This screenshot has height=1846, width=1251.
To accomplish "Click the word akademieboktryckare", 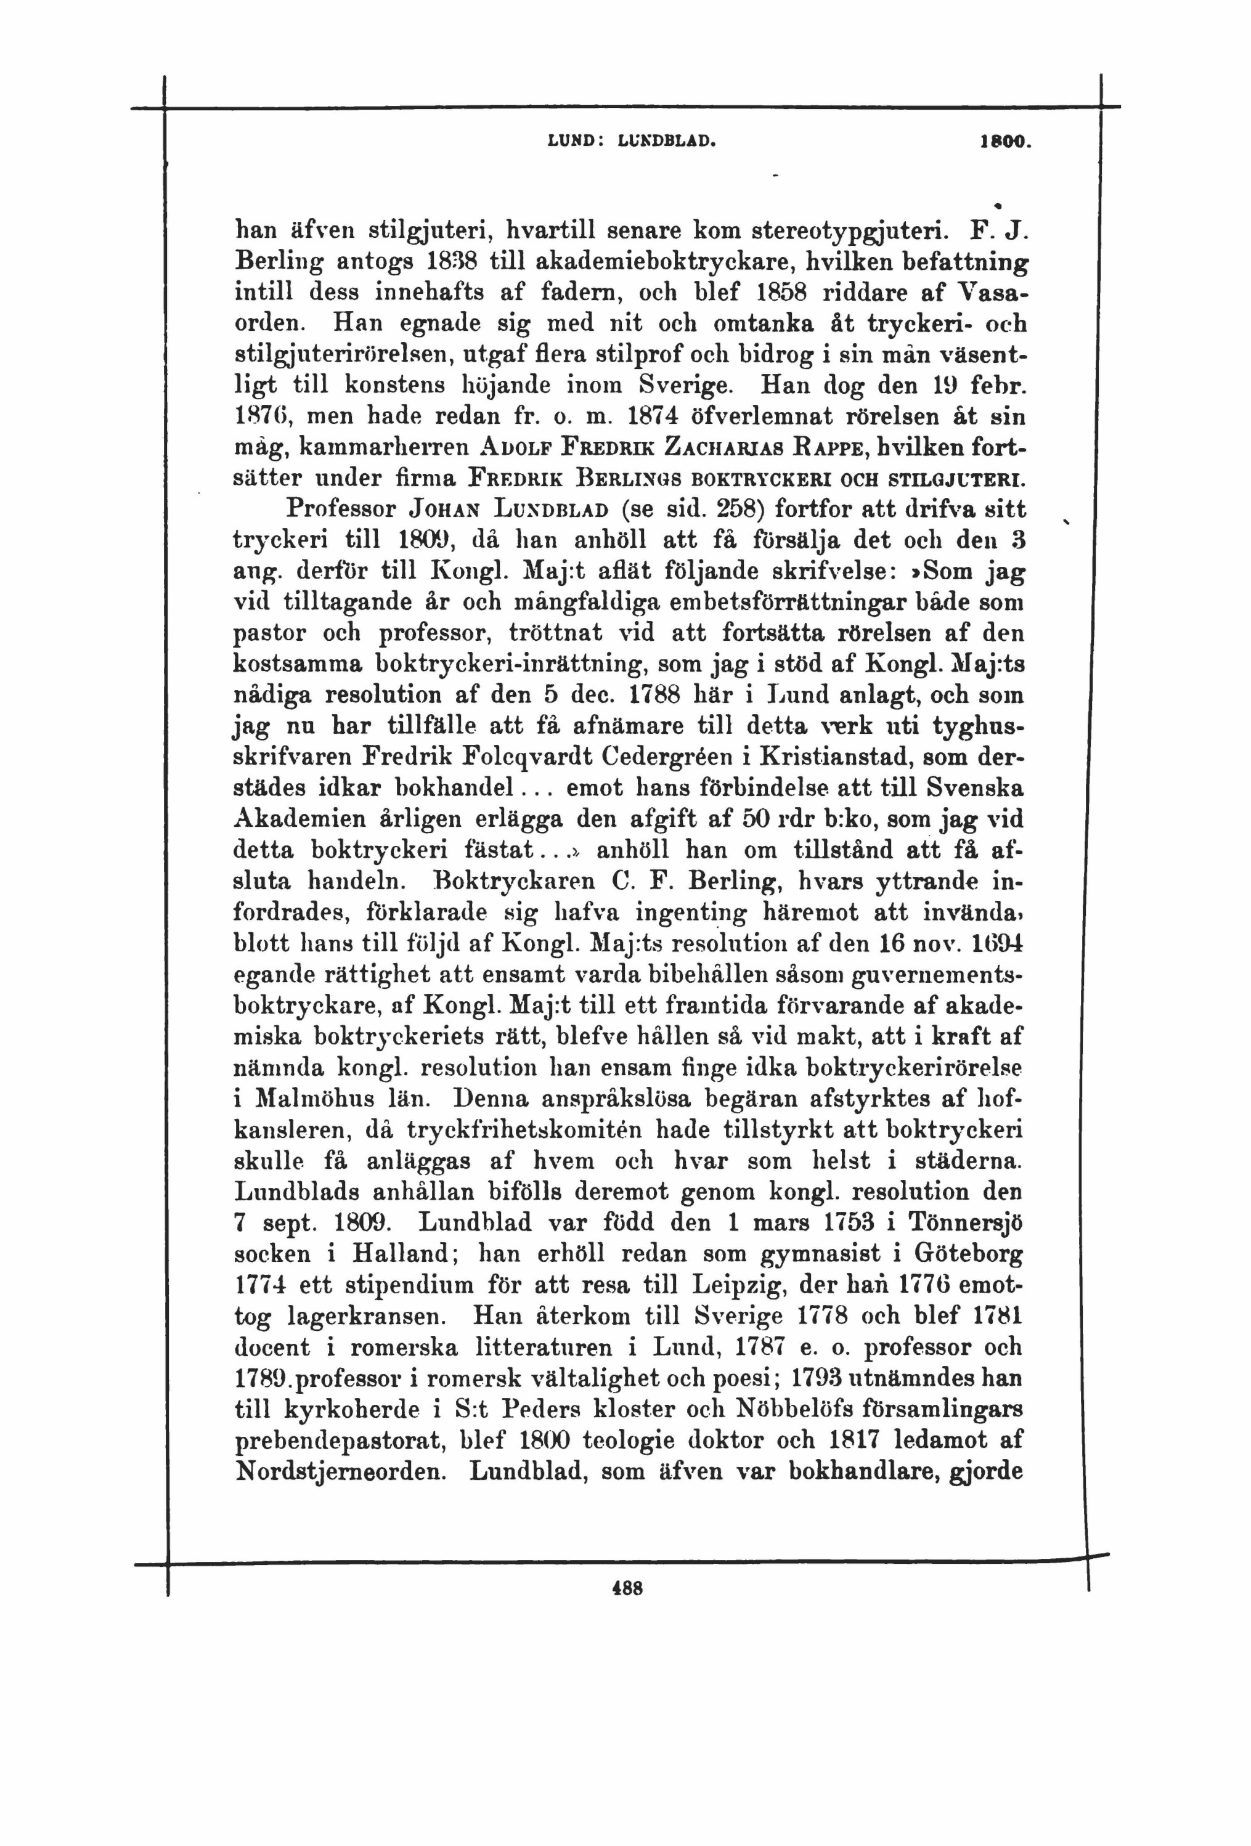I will click(x=641, y=261).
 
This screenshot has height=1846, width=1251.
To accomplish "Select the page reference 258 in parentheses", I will click(x=740, y=509).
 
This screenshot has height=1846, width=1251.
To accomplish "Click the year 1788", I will click(x=654, y=695).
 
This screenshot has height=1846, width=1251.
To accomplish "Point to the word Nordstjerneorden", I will click(x=341, y=1471).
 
